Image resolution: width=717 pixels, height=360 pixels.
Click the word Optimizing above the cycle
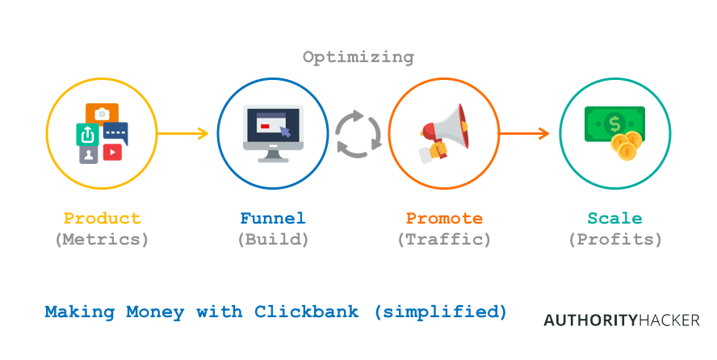358,57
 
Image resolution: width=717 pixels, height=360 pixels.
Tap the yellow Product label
102,219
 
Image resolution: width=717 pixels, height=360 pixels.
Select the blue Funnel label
273,219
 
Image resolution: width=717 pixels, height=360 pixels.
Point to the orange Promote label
444,219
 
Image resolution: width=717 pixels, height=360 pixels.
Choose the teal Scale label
615,219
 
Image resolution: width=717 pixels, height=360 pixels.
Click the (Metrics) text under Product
102,240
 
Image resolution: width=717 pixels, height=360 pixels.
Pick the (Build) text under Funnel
273,240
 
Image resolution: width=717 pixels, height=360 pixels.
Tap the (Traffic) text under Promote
444,240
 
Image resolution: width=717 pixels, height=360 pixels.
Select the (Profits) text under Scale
615,240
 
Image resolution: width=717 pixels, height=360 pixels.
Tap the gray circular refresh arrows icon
358,134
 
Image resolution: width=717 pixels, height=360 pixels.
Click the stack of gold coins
627,146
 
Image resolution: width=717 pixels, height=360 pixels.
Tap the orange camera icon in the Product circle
102,114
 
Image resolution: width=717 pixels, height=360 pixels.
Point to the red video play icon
112,151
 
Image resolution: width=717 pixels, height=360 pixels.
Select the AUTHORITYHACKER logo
621,320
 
